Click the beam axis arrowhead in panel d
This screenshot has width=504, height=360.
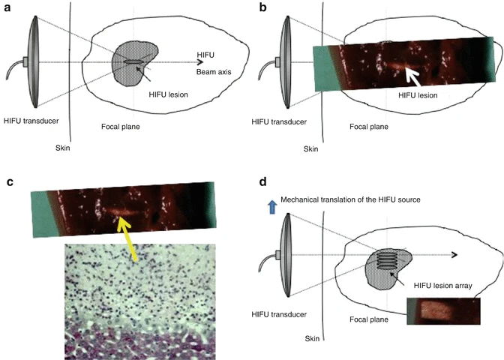[x=455, y=255]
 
